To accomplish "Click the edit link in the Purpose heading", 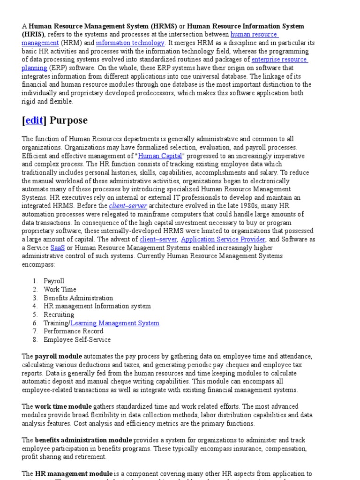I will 34,120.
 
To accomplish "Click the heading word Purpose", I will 68,120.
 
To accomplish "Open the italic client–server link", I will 128,206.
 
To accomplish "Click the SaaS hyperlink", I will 58,247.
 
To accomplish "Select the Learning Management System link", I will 115,323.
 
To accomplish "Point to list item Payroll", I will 54,281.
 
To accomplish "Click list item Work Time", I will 60,289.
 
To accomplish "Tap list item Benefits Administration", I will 78,298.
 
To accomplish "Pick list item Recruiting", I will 59,315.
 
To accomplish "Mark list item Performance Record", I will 74,331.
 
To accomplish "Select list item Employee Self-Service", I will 77,340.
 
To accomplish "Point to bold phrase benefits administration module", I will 83,440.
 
